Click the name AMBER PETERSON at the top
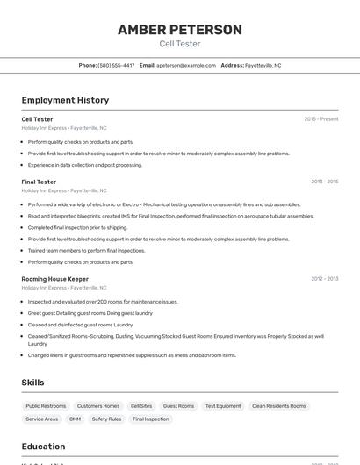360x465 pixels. tap(180, 29)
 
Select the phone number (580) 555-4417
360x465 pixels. tap(116, 65)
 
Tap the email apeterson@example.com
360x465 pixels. tap(185, 65)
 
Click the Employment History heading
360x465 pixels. tap(65, 100)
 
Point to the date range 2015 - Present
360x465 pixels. tap(320, 119)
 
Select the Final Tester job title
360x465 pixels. tap(39, 182)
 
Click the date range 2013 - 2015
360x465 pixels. tap(324, 182)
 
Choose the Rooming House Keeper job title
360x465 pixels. tap(54, 279)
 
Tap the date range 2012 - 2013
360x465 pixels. tap(324, 279)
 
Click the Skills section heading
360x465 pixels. tap(32, 383)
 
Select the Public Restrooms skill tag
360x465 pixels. tap(46, 406)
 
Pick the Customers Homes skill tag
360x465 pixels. tap(98, 406)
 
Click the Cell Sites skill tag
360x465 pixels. tap(141, 406)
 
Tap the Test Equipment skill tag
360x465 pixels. tap(223, 406)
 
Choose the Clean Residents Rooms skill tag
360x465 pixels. tap(279, 406)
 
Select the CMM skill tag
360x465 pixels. tap(76, 419)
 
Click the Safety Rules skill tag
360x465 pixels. tap(107, 419)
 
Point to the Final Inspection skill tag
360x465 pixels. tap(151, 419)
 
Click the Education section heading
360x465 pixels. tap(43, 446)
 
